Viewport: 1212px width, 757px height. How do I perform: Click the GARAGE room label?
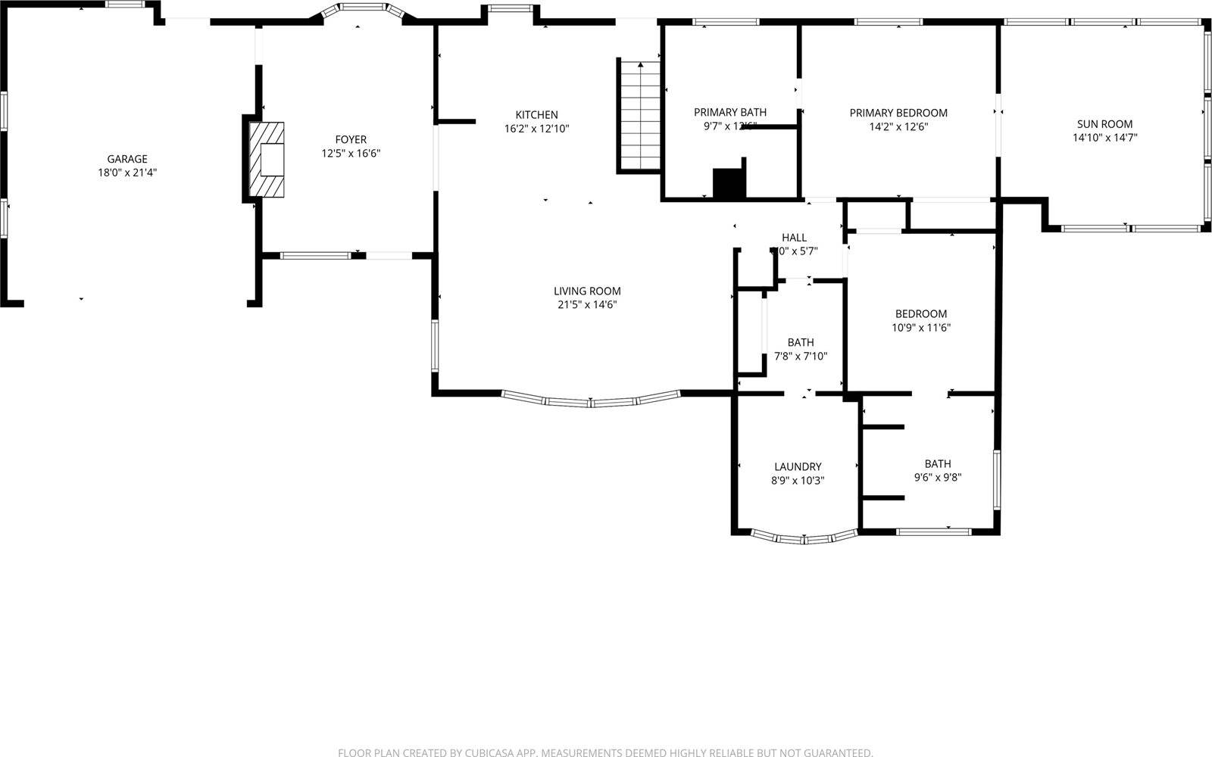pyautogui.click(x=127, y=159)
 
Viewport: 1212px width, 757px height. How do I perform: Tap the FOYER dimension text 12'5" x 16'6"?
pyautogui.click(x=351, y=153)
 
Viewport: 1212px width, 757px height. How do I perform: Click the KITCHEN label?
pyautogui.click(x=536, y=115)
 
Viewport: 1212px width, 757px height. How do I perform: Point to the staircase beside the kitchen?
pyautogui.click(x=641, y=115)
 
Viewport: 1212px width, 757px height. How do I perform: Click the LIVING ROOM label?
pyautogui.click(x=587, y=291)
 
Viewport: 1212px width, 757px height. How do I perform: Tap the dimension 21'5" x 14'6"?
pyautogui.click(x=587, y=304)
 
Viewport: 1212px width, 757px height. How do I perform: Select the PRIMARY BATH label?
pyautogui.click(x=730, y=112)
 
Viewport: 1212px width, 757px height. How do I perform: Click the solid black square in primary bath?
pyautogui.click(x=729, y=184)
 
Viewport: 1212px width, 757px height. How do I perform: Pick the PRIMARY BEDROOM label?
pyautogui.click(x=898, y=113)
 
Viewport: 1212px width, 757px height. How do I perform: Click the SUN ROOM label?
pyautogui.click(x=1105, y=124)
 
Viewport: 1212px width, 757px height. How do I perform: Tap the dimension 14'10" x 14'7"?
pyautogui.click(x=1105, y=138)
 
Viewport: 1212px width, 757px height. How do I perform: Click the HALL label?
pyautogui.click(x=794, y=238)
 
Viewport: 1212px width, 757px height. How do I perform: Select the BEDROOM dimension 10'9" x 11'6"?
pyautogui.click(x=921, y=328)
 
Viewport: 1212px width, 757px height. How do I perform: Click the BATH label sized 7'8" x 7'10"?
pyautogui.click(x=801, y=342)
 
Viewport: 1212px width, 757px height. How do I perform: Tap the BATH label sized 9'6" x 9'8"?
pyautogui.click(x=938, y=464)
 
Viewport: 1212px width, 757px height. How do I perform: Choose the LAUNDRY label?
pyautogui.click(x=798, y=467)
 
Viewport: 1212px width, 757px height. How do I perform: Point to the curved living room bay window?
pyautogui.click(x=591, y=402)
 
